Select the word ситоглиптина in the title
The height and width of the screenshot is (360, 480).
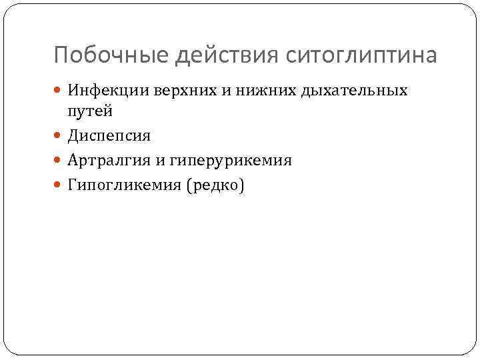pos(361,55)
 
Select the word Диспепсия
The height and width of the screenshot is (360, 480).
pos(109,137)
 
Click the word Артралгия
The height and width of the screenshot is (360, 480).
pos(107,161)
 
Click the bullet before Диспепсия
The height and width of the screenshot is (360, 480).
pos(59,137)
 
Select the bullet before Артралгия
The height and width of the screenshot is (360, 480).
pos(59,161)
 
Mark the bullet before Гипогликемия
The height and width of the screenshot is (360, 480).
pos(59,186)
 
